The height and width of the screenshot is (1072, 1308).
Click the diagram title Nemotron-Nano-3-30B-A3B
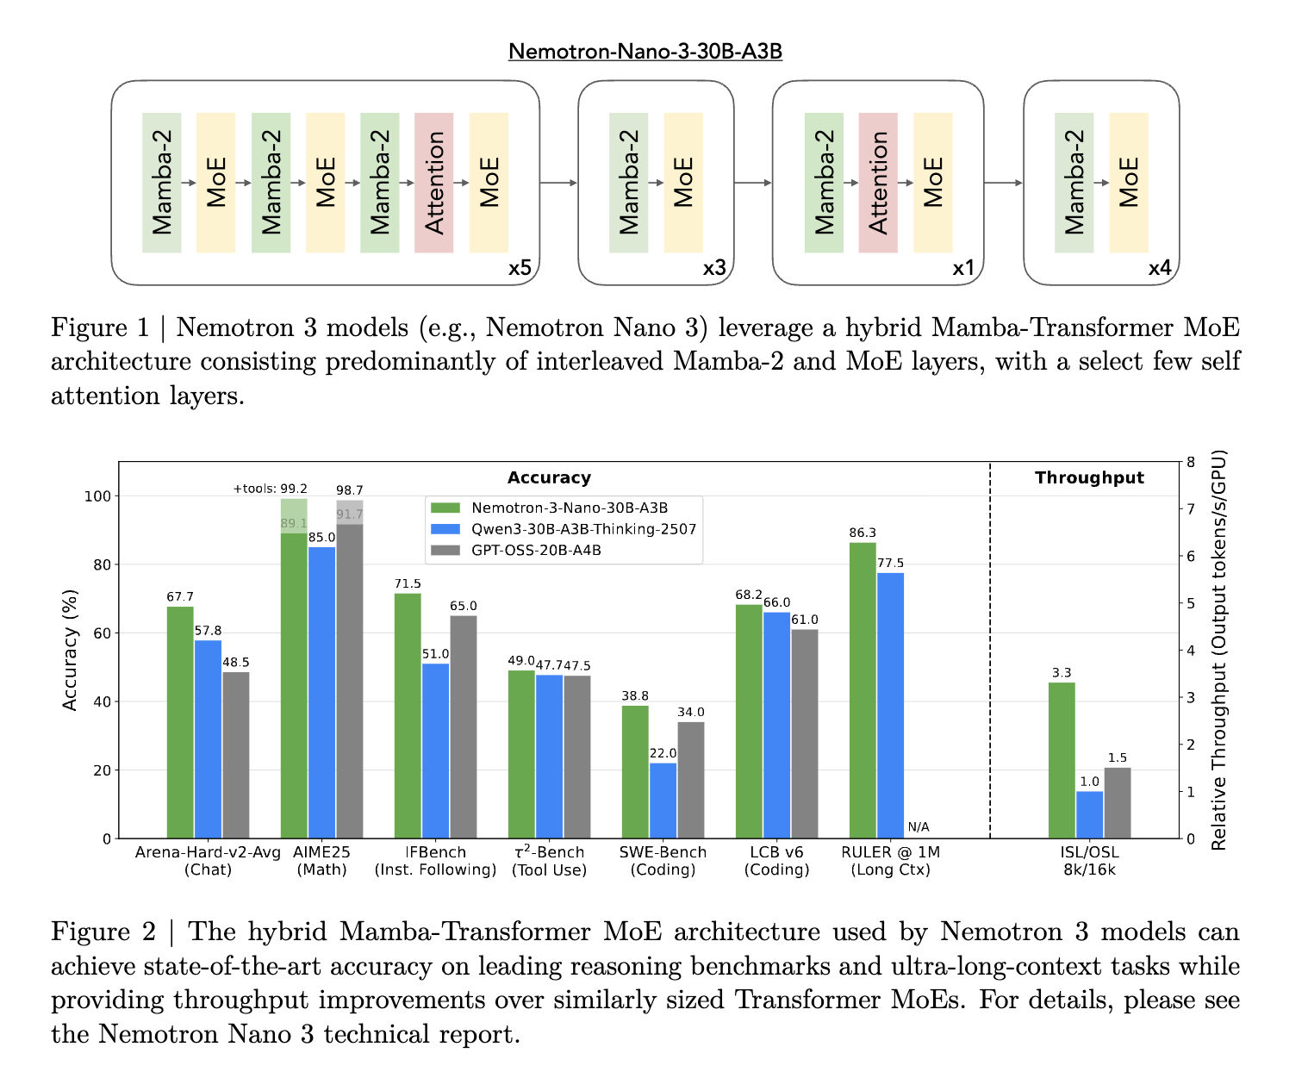pyautogui.click(x=645, y=52)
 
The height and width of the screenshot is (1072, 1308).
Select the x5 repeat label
pyautogui.click(x=520, y=268)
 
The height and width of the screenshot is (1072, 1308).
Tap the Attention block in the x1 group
pyautogui.click(x=878, y=183)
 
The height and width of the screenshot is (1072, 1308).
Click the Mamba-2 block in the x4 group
pyautogui.click(x=1074, y=183)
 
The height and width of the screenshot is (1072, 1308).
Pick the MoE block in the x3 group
pyautogui.click(x=683, y=183)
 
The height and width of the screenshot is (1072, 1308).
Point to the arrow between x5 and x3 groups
pyautogui.click(x=558, y=183)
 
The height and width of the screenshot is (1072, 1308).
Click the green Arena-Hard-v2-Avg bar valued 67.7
pyautogui.click(x=180, y=722)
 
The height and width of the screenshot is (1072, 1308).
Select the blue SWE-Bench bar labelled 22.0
pyautogui.click(x=663, y=801)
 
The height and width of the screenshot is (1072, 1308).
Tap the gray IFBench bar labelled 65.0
pyautogui.click(x=464, y=726)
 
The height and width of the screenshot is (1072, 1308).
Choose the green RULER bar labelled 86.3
pyautogui.click(x=863, y=690)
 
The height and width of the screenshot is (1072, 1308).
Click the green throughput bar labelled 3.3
pyautogui.click(x=1062, y=760)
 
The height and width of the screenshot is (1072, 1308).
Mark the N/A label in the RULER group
pyautogui.click(x=919, y=827)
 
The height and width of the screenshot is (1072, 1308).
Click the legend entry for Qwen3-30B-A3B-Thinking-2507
pyautogui.click(x=583, y=529)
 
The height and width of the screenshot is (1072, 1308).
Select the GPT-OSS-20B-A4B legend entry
pyautogui.click(x=536, y=550)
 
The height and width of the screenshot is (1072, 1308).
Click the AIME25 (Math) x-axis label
pyautogui.click(x=321, y=861)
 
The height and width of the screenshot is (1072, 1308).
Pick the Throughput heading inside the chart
pyautogui.click(x=1089, y=478)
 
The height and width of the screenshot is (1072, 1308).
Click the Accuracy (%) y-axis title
pyautogui.click(x=70, y=650)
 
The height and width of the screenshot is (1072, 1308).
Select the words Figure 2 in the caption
pyautogui.click(x=103, y=932)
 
